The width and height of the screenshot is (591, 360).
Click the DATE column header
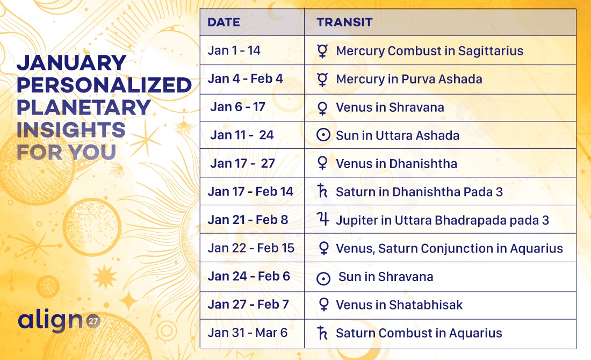(224, 22)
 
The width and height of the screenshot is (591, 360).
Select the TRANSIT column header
(344, 22)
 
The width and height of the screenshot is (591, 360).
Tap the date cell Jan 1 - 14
(234, 51)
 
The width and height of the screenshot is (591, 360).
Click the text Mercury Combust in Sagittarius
(429, 51)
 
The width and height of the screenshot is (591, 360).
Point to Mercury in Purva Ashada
(409, 79)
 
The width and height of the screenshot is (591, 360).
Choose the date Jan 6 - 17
(238, 107)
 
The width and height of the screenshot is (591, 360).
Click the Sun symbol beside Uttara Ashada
(323, 135)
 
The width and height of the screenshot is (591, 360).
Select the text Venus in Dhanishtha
(397, 163)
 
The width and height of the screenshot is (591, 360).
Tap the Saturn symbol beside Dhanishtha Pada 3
(322, 191)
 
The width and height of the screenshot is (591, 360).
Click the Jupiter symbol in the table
(323, 219)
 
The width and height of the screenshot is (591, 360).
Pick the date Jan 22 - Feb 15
(251, 248)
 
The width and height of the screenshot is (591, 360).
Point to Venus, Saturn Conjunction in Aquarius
(449, 249)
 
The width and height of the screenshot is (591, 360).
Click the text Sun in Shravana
(386, 277)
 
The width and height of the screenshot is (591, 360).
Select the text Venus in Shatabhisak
(399, 305)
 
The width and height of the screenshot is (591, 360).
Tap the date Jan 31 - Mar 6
(248, 333)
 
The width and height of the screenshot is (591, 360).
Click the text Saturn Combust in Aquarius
(419, 333)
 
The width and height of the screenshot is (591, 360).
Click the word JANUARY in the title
(71, 62)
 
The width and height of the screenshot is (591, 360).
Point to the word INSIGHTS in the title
(71, 129)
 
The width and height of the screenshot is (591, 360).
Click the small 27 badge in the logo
(93, 321)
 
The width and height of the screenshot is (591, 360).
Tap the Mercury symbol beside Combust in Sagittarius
(322, 51)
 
